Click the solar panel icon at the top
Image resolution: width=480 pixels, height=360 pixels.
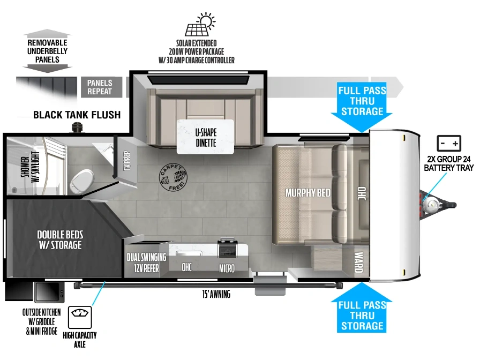[x=200, y=25]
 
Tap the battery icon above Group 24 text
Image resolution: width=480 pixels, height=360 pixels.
[x=449, y=143]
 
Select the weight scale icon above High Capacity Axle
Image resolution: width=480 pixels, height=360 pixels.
[x=80, y=317]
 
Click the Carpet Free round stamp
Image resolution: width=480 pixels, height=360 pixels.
[x=173, y=177]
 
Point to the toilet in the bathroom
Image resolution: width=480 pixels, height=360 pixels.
[x=81, y=181]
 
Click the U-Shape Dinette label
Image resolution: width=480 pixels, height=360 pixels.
[x=206, y=138]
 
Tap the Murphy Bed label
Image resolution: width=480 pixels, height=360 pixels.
[x=308, y=193]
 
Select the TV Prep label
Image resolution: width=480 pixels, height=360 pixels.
[x=127, y=160]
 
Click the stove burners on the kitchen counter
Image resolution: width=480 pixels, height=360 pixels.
[x=228, y=248]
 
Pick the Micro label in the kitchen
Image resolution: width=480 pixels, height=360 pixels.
[x=227, y=268]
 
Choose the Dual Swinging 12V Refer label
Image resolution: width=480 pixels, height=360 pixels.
[x=147, y=262]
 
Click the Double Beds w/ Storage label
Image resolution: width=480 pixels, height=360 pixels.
[x=60, y=240]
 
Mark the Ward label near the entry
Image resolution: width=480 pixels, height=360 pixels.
[x=358, y=262]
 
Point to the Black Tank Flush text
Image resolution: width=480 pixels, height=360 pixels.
[x=77, y=115]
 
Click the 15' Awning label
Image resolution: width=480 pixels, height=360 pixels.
[x=216, y=295]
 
